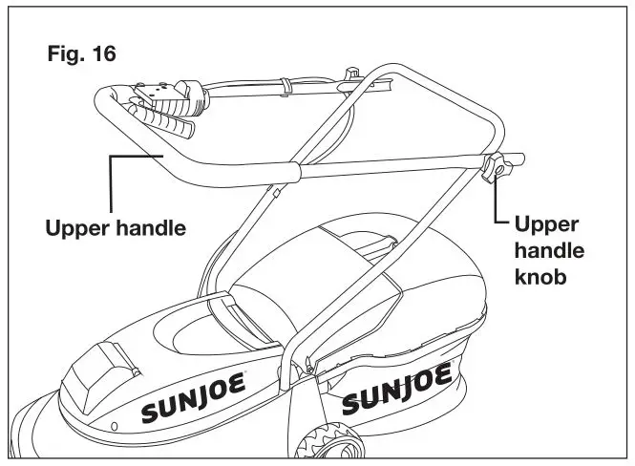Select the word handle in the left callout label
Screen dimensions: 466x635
pyautogui.click(x=150, y=229)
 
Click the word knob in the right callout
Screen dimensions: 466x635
pyautogui.click(x=541, y=279)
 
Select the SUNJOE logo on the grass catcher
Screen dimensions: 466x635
pyautogui.click(x=395, y=387)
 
